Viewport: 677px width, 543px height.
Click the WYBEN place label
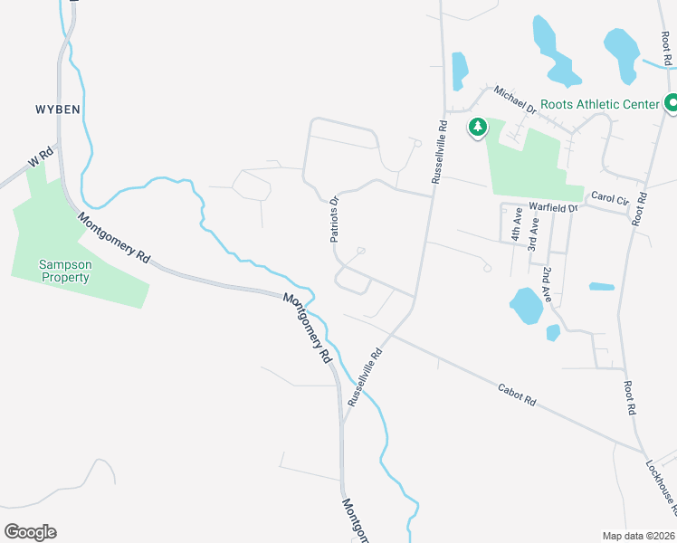click(58, 109)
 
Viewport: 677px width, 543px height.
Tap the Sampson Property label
click(63, 271)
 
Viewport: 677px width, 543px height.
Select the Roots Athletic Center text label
click(600, 104)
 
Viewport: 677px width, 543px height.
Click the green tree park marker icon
click(476, 128)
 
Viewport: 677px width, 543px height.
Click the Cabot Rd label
click(517, 395)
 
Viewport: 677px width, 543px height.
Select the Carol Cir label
click(608, 197)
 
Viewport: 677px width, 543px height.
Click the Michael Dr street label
click(515, 99)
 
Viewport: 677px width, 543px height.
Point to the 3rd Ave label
click(534, 234)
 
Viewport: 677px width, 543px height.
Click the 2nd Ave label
click(547, 284)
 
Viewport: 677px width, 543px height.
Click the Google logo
click(30, 532)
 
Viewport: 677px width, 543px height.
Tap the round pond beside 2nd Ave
click(525, 306)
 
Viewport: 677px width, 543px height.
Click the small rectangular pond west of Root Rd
click(602, 287)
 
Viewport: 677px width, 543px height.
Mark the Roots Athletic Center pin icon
click(672, 104)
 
